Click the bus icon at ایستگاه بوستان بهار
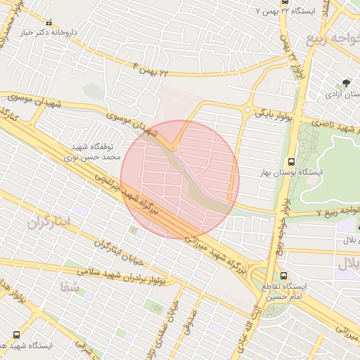click(292, 162)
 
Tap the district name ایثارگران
click(50, 223)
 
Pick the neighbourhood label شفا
click(69, 286)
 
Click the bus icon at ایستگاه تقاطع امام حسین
click(283, 276)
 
